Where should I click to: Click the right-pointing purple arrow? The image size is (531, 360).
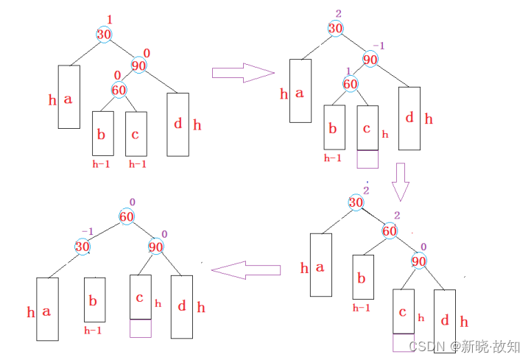[242, 72]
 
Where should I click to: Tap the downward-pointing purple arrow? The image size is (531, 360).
[400, 182]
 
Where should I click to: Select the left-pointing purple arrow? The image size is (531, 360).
[246, 269]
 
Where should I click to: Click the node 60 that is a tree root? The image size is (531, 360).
[127, 216]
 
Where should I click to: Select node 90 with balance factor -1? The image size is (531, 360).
[370, 60]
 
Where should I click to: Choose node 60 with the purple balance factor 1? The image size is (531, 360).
[351, 84]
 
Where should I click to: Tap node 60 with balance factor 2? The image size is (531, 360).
[390, 231]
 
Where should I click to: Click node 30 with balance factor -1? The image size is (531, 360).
[82, 247]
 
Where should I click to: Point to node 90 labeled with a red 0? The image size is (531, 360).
[139, 65]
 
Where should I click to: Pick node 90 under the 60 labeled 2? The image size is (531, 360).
[419, 261]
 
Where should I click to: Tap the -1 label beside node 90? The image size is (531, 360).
[379, 46]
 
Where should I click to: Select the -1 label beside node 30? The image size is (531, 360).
[87, 231]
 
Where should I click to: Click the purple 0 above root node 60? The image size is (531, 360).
[132, 202]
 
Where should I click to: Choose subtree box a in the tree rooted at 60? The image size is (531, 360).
[47, 309]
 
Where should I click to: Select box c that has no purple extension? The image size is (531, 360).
[136, 134]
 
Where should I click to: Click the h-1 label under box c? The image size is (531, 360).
[137, 164]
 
